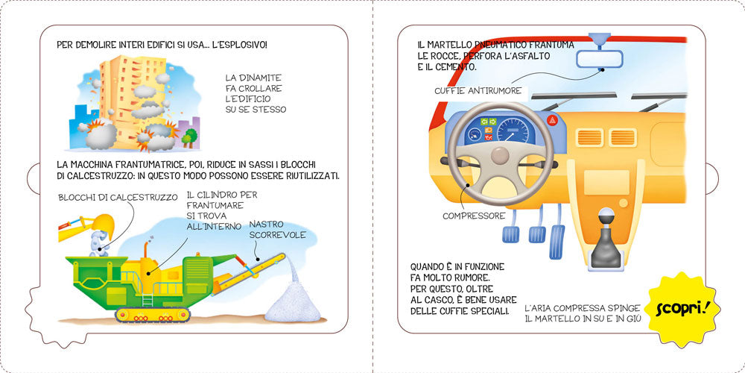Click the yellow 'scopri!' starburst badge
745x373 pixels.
click(679, 309)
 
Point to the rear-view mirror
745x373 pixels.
click(600, 57)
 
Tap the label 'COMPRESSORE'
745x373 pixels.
click(474, 216)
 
